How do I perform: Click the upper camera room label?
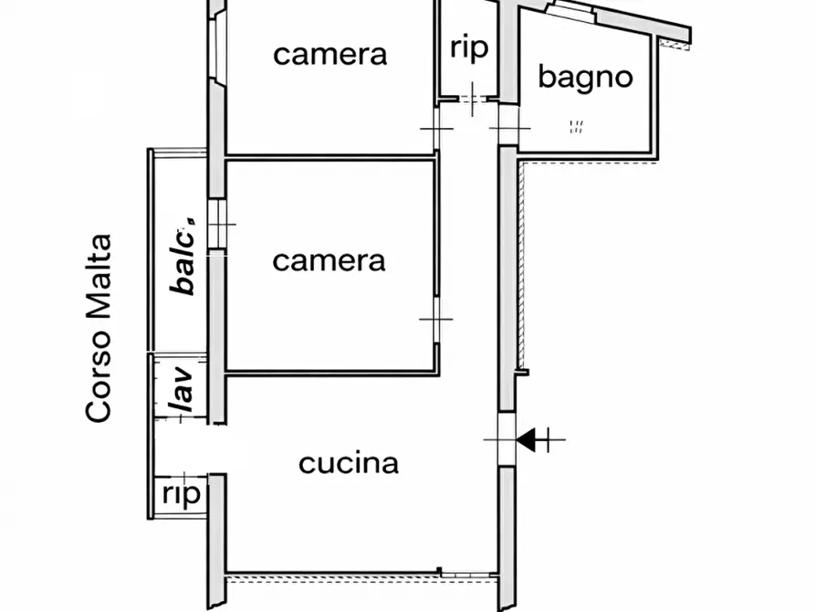coord(330,55)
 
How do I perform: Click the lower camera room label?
coord(329,261)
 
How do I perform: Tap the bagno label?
coord(585,78)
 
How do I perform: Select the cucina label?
coord(349,463)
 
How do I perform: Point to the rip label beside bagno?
coord(469,47)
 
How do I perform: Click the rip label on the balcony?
coord(182,494)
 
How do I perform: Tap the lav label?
coord(181,389)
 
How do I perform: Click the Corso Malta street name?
coord(99,328)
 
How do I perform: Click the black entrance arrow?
coord(526,440)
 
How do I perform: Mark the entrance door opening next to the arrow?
coord(507,439)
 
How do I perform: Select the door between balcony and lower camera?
coord(216,224)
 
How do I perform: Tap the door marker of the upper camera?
coord(436,129)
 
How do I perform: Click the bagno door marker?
coord(509,128)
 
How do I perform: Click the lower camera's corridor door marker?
coord(436,320)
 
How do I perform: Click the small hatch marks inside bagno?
coord(576,126)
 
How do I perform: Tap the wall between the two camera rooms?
coord(330,157)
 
